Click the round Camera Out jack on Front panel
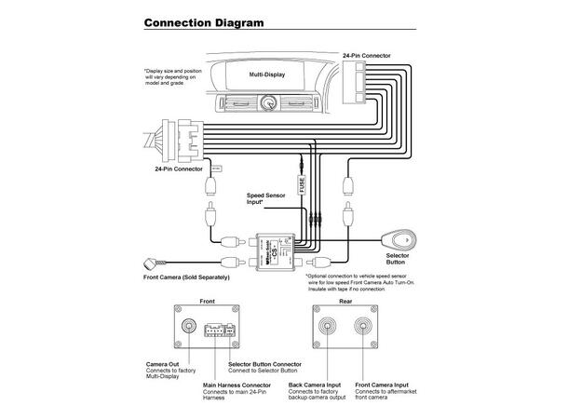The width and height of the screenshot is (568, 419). tap(190, 328)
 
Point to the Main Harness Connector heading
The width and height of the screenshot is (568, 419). tap(240, 384)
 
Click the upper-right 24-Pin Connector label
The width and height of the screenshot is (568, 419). tap(366, 56)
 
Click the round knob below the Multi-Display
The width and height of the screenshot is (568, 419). tap(268, 104)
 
